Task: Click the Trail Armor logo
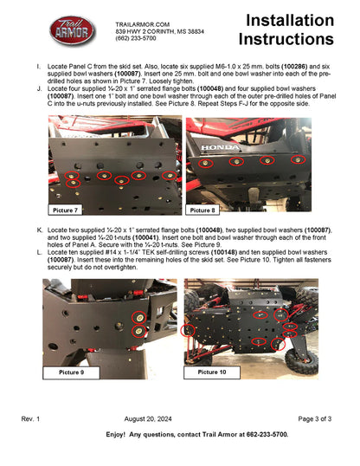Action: tap(73, 32)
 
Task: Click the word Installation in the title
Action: tap(288, 21)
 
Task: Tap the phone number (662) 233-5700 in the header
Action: tap(136, 39)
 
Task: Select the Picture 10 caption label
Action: tap(212, 372)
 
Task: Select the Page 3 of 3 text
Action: tap(314, 418)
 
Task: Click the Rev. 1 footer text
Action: tap(31, 418)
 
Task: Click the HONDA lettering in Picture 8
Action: tap(220, 148)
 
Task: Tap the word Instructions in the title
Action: tap(285, 40)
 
